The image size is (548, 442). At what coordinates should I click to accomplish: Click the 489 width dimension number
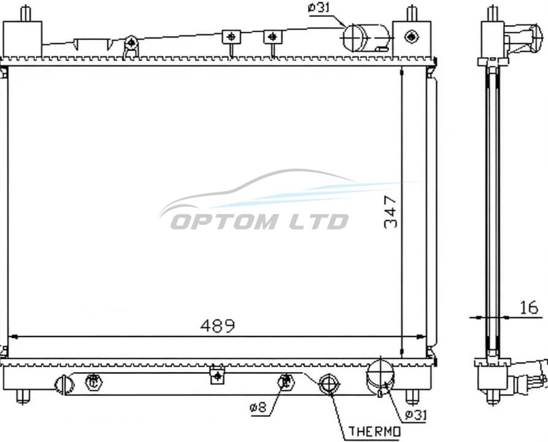click(218, 326)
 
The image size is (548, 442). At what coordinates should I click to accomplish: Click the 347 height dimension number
click(390, 212)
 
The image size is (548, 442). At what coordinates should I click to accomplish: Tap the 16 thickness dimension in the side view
click(529, 308)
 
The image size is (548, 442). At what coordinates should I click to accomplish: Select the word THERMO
click(375, 432)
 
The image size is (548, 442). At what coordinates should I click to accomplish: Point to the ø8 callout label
click(258, 407)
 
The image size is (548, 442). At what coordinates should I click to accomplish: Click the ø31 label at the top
click(319, 8)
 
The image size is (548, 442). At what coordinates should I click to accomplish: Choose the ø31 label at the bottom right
click(416, 415)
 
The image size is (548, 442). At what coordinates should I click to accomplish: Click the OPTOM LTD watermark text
click(259, 222)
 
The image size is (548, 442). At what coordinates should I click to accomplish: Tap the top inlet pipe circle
click(354, 37)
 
